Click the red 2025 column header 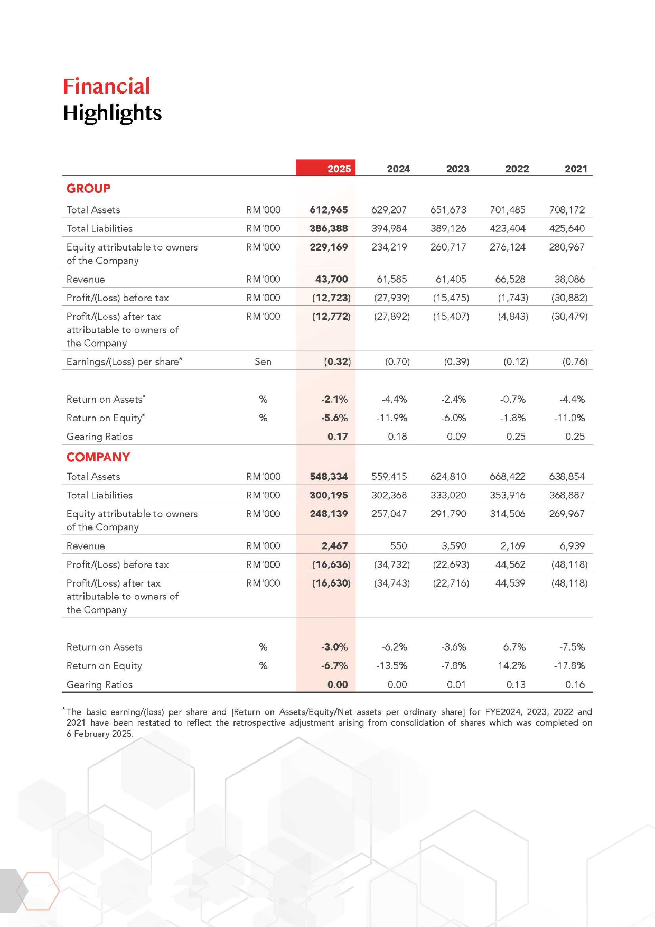coord(339,169)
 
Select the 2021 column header coord(576,169)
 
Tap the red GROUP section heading coord(88,189)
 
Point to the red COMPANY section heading coord(98,457)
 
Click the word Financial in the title coord(106,86)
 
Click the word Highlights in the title coord(112,113)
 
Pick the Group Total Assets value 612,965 coord(329,210)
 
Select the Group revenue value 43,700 coord(331,279)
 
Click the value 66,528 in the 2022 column coord(510,279)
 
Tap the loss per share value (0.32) coord(337,361)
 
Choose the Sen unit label coord(263,361)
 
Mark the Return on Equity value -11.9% coord(391,418)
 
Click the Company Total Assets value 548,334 coord(329,477)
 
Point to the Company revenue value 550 coord(398,546)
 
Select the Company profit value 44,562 coord(510,564)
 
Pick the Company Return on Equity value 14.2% coord(511,666)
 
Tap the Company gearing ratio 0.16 coord(575,684)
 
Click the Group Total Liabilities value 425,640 coord(567,228)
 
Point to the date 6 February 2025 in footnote coord(100,734)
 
